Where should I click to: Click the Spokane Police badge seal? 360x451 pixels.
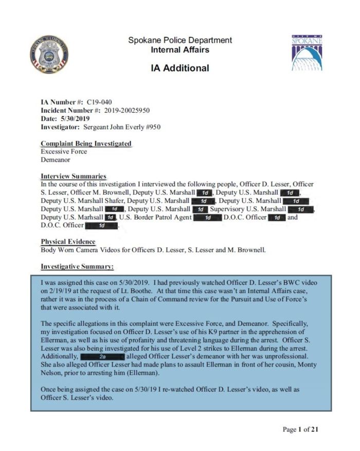(x=49, y=54)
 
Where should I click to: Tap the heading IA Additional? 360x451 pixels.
(x=179, y=67)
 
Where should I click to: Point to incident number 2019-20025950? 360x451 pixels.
(x=127, y=110)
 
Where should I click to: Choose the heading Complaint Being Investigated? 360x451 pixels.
(x=86, y=143)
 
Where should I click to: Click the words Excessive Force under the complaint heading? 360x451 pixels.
(x=64, y=151)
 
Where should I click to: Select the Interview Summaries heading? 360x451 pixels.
(x=74, y=176)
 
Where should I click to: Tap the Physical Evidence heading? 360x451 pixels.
(x=68, y=242)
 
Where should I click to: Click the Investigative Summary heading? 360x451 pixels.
(x=77, y=267)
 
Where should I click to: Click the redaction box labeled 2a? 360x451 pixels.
(x=102, y=356)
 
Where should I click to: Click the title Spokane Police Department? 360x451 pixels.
(x=179, y=40)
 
